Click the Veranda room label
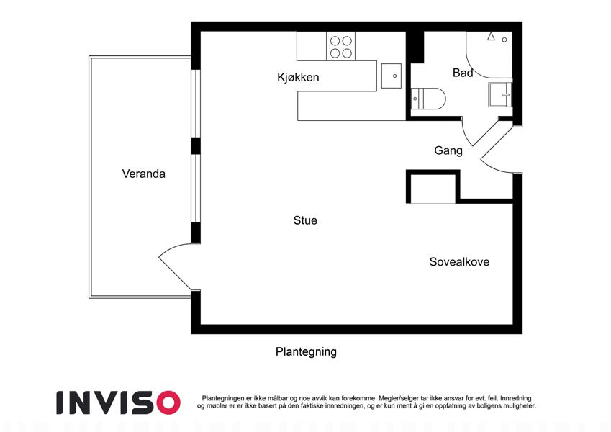point(143,174)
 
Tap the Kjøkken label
point(298,77)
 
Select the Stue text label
point(305,220)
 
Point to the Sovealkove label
point(459,261)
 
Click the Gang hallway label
point(448,150)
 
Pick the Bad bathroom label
point(463,73)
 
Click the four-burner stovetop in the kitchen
point(341,46)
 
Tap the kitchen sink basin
point(392,76)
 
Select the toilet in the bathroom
point(428,99)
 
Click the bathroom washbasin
point(500,94)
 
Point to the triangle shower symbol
point(491,36)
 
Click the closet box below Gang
point(433,186)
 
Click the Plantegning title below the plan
point(306,351)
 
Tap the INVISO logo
point(119,402)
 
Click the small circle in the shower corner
point(504,40)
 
